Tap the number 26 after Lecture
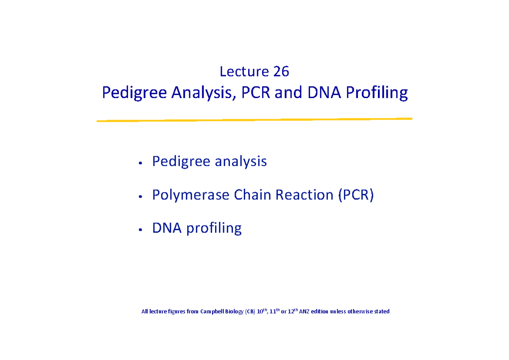[x=281, y=72]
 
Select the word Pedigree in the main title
[x=134, y=93]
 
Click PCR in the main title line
[x=256, y=92]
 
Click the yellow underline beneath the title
[x=255, y=120]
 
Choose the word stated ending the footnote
[x=380, y=312]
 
